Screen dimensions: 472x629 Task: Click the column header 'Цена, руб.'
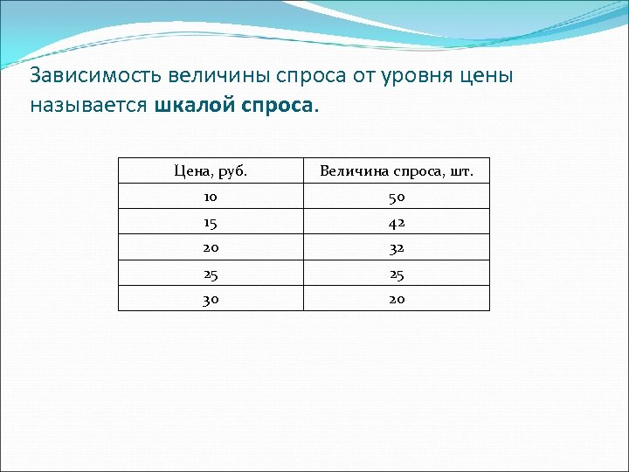tap(211, 170)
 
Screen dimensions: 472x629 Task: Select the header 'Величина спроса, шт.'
tap(397, 170)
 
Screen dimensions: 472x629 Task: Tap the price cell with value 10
tap(211, 197)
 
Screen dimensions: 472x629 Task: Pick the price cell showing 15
tap(211, 222)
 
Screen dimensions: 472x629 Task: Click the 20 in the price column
tap(211, 247)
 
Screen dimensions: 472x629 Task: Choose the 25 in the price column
tap(211, 274)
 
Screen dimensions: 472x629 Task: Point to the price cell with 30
tap(211, 299)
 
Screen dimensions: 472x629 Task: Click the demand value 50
tap(397, 197)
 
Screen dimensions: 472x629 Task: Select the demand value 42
tap(397, 222)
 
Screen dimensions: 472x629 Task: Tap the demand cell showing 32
tap(397, 247)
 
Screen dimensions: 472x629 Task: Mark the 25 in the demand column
tap(397, 274)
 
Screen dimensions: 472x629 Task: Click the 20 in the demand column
tap(397, 299)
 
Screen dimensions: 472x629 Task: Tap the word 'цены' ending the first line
tap(485, 77)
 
